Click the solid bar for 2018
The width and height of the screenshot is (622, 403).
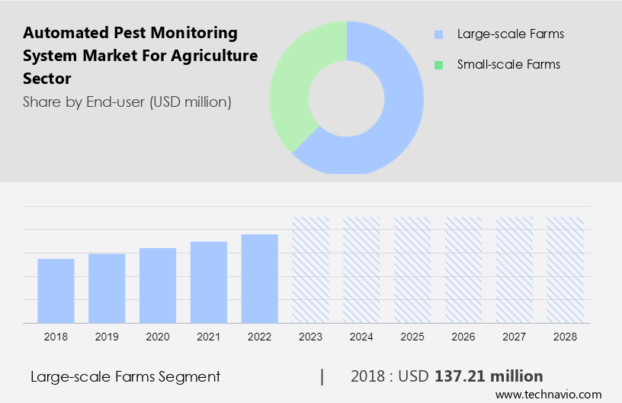(56, 291)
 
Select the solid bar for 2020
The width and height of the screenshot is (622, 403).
(158, 285)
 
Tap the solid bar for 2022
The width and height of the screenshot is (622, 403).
(260, 279)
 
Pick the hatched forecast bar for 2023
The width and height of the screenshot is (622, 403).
(311, 269)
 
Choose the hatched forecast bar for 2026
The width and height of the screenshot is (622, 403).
(463, 269)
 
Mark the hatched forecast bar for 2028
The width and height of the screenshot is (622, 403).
(565, 269)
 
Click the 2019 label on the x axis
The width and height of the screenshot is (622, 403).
(107, 337)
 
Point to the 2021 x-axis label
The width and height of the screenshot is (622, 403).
(209, 337)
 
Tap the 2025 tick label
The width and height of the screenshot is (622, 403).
(412, 337)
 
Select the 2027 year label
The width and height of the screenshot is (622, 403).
(515, 337)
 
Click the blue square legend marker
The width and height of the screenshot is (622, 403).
(438, 34)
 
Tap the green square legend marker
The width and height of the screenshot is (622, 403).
(438, 65)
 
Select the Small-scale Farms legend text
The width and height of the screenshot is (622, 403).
(508, 64)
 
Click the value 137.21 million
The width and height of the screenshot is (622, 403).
(489, 376)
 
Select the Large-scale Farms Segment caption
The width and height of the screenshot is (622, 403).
(126, 376)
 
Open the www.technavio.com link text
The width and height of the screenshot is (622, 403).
(549, 395)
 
